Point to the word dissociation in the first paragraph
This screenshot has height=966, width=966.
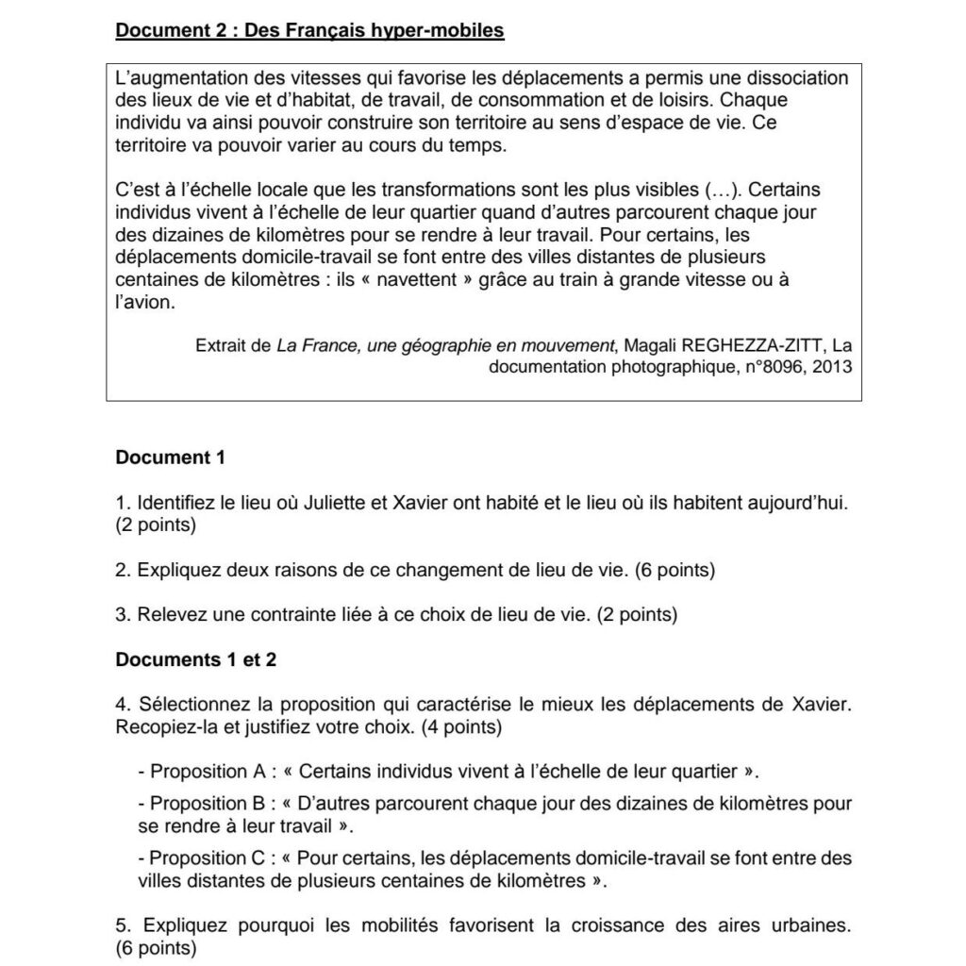[787, 78]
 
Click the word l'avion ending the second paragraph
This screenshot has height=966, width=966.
[145, 303]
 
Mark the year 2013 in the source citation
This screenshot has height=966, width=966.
[831, 367]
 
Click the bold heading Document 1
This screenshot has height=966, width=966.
[170, 458]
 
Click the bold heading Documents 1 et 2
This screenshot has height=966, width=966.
[195, 659]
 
